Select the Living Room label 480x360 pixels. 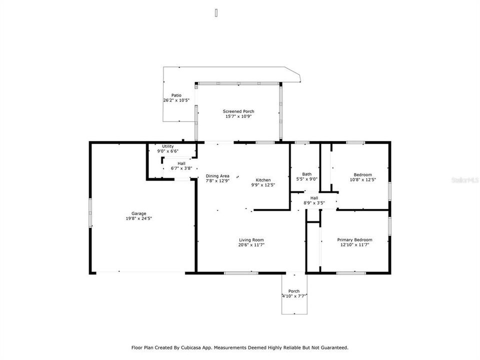click(251, 239)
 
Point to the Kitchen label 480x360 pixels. click(263, 180)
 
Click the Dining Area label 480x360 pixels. click(217, 176)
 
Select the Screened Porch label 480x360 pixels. click(238, 111)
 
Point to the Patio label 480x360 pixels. click(176, 95)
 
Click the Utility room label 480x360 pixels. click(167, 146)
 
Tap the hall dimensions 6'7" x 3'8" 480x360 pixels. click(181, 168)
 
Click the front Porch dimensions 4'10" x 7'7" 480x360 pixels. click(294, 296)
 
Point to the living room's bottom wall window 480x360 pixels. click(241, 273)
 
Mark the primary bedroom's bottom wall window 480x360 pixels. click(346, 273)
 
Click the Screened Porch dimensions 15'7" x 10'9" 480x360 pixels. click(238, 116)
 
